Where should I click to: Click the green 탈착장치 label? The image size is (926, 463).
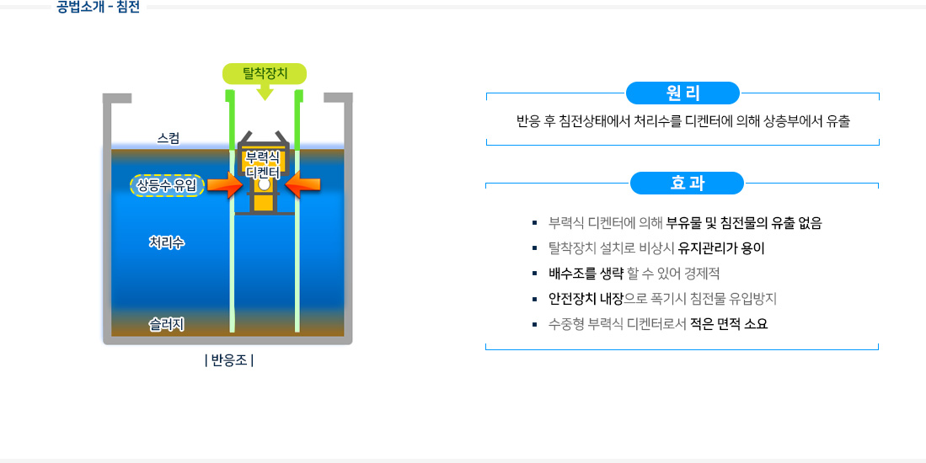coord(265,73)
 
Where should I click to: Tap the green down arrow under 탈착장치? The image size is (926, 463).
coord(265,92)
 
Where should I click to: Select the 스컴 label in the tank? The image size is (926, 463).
coord(169,137)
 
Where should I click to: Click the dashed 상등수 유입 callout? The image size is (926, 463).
coord(167,185)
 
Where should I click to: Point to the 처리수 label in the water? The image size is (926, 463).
coord(167,242)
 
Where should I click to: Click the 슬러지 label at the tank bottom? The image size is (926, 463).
coord(167,324)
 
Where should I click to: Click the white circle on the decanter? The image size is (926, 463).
coord(264,184)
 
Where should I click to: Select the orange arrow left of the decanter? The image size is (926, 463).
coord(224,185)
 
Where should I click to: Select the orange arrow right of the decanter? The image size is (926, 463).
coord(302,185)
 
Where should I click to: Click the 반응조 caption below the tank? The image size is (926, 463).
coord(229,361)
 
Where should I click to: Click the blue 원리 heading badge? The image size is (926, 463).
coord(682,93)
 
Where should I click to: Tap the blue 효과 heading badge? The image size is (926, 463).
coord(687,183)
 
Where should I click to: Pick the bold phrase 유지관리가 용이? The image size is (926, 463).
coord(721,248)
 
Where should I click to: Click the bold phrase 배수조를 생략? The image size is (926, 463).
coord(586,274)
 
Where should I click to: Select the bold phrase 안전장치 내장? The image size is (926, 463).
coord(586,299)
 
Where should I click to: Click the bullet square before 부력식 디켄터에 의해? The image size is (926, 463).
coord(535,224)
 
